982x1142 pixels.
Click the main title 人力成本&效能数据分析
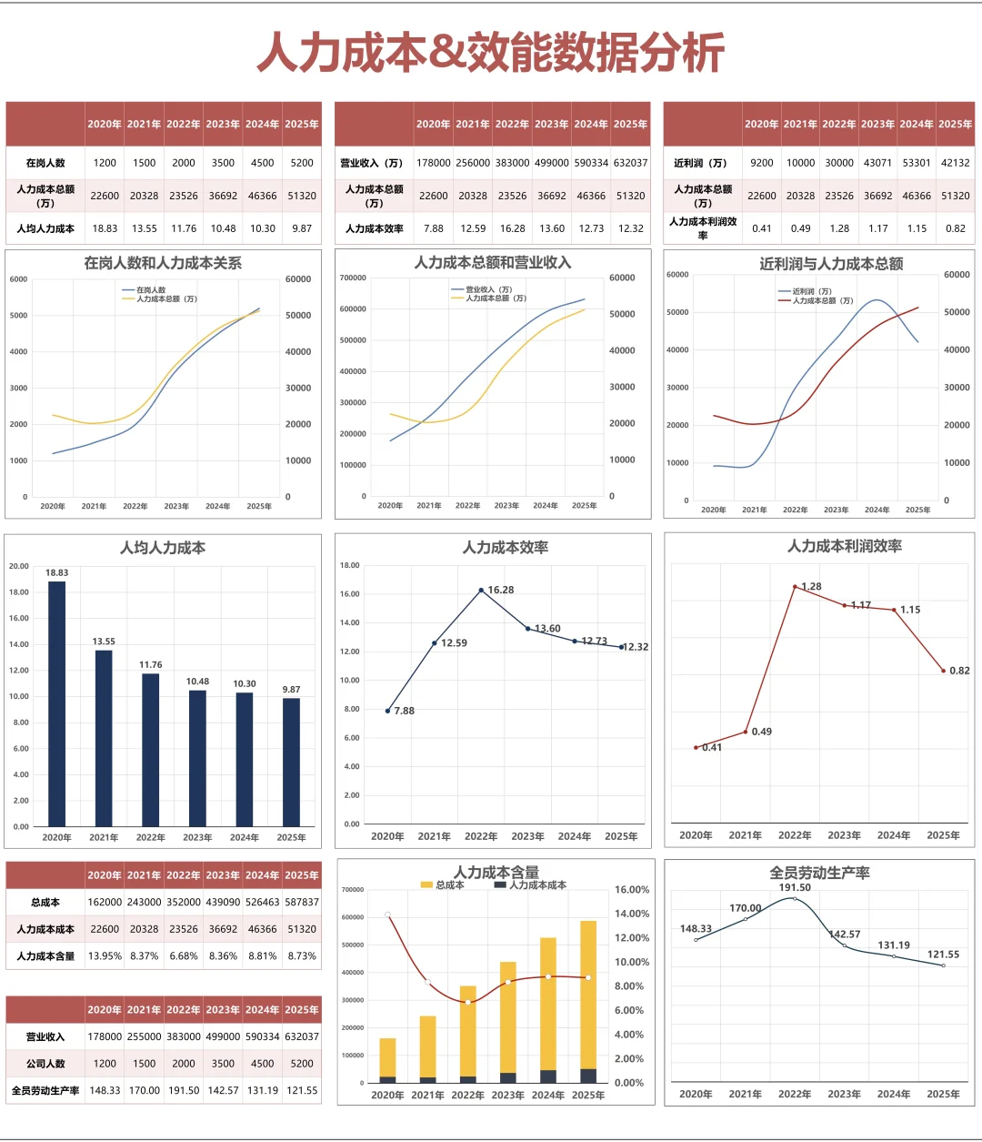click(490, 53)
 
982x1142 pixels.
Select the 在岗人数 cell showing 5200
click(301, 163)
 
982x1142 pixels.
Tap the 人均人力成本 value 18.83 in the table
click(105, 228)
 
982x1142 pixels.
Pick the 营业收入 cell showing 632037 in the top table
click(630, 163)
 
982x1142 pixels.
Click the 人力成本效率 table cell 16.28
click(512, 228)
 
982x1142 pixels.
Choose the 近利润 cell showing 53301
click(917, 163)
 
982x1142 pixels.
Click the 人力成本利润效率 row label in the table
click(703, 228)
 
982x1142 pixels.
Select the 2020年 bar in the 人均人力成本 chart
click(57, 703)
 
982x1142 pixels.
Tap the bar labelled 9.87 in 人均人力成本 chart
click(292, 762)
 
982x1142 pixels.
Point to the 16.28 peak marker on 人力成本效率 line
click(481, 590)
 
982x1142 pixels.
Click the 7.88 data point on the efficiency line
click(387, 711)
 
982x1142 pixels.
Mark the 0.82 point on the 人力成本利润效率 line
click(944, 671)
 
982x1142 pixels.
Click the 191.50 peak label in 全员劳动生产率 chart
click(795, 887)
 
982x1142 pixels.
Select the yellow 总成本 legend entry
click(442, 884)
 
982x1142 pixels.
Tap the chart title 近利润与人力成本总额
click(831, 264)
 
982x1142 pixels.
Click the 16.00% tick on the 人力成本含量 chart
click(632, 890)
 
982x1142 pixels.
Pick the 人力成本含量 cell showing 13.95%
click(105, 955)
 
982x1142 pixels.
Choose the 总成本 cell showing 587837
click(301, 902)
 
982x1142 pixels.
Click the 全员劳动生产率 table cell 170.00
click(144, 1091)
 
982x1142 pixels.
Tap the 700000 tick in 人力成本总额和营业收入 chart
click(353, 278)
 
